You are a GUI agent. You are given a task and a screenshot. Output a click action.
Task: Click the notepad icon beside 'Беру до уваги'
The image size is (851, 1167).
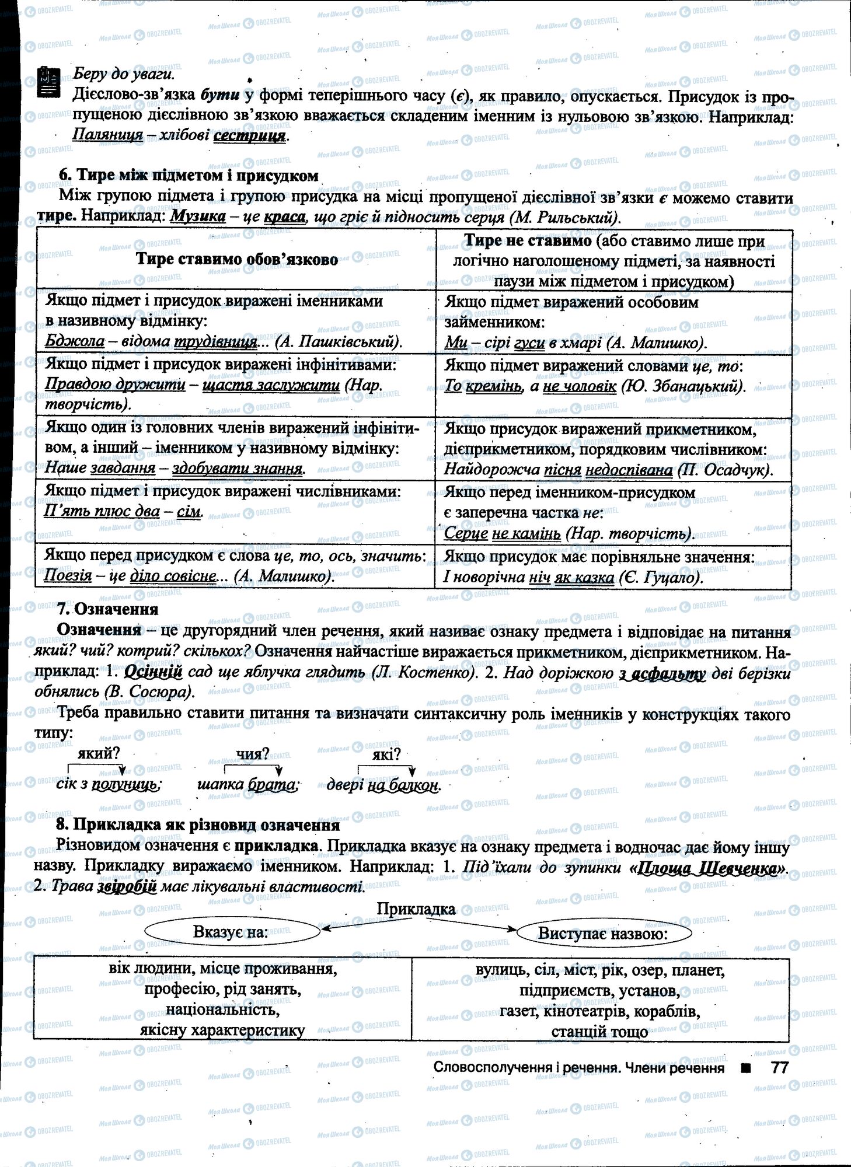click(48, 82)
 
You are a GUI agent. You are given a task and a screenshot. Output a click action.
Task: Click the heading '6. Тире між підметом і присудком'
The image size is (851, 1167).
click(189, 176)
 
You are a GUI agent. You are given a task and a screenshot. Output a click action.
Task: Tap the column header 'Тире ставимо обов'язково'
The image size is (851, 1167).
click(236, 260)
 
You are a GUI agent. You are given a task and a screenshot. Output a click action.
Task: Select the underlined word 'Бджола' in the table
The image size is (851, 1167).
click(75, 341)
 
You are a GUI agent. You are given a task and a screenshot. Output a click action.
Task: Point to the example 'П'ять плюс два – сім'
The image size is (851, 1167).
click(123, 512)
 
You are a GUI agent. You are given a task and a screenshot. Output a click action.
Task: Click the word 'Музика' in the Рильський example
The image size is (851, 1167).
click(198, 217)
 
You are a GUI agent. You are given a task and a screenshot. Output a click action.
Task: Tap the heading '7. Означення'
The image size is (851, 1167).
click(108, 610)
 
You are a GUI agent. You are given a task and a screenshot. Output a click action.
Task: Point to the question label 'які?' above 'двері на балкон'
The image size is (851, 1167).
click(386, 754)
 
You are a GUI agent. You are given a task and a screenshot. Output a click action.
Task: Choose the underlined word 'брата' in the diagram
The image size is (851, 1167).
click(272, 785)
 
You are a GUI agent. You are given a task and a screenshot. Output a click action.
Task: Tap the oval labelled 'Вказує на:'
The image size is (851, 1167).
click(231, 932)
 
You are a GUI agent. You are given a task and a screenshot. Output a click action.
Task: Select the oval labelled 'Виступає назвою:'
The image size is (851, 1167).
click(604, 934)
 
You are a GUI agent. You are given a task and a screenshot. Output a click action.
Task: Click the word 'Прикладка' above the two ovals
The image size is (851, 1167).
click(416, 909)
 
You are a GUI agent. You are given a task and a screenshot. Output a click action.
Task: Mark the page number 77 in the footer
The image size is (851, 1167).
click(780, 1068)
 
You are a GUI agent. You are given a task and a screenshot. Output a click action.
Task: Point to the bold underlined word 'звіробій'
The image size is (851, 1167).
click(128, 887)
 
